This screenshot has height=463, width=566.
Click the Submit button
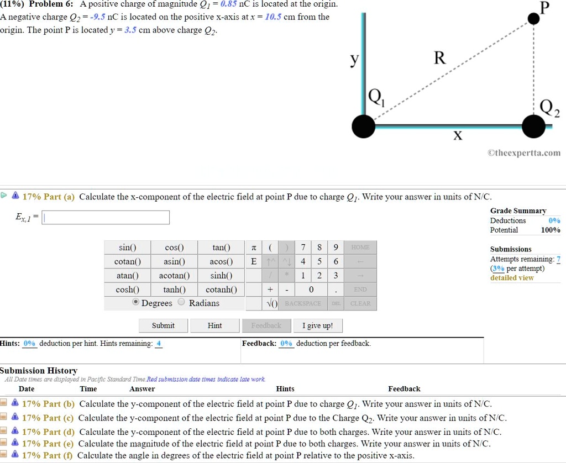163,325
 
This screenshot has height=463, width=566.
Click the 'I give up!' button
317,325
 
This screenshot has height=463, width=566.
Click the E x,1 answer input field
106,218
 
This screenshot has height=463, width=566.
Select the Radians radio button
182,303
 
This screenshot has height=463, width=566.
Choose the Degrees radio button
135,303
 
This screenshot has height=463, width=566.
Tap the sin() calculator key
128,247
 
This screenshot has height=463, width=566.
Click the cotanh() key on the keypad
221,289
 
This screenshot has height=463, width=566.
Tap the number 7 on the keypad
303,247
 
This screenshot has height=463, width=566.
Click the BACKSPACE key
303,303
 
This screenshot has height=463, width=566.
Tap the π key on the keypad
253,247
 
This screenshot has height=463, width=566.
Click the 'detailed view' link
512,277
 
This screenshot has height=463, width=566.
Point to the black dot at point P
533,19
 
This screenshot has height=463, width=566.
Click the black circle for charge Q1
364,127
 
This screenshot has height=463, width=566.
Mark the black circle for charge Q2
533,127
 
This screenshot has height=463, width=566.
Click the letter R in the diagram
439,58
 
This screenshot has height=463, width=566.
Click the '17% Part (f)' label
48,455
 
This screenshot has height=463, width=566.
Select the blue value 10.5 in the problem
273,17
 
